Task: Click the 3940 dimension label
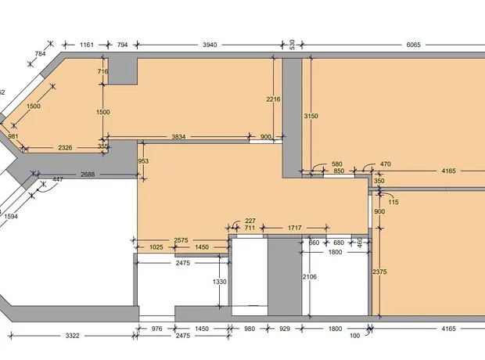210,45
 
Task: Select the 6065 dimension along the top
413,45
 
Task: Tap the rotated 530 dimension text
292,45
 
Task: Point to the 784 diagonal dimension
40,54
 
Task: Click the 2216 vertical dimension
273,99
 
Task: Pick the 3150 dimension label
311,116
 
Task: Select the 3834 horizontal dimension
178,136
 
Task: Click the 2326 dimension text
65,148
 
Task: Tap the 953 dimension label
143,161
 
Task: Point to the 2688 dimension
88,175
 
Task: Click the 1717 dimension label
294,229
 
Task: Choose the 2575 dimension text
181,240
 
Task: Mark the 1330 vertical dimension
219,282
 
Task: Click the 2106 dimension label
310,277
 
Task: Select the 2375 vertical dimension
379,272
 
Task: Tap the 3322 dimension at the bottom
72,336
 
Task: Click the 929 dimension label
285,329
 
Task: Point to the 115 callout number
393,202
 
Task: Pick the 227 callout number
250,221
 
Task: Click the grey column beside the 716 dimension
123,71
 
